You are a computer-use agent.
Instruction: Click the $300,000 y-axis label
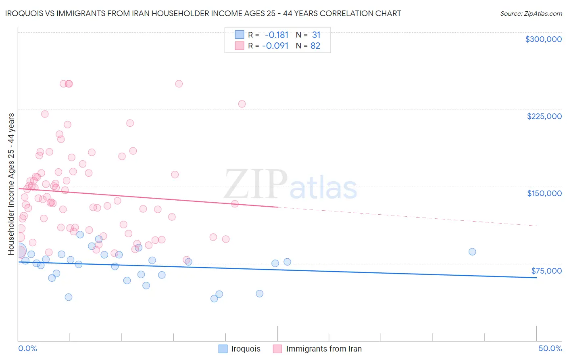pyautogui.click(x=543, y=39)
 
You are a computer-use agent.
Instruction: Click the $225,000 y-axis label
pyautogui.click(x=544, y=116)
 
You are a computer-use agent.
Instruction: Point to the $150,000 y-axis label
pyautogui.click(x=544, y=193)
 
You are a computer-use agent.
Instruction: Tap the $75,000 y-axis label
pyautogui.click(x=546, y=271)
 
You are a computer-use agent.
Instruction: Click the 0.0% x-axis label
pyautogui.click(x=27, y=348)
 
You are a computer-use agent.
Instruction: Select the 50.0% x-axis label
pyautogui.click(x=550, y=348)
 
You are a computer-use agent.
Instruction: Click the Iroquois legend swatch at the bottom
pyautogui.click(x=223, y=349)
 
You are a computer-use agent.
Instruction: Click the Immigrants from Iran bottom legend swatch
pyautogui.click(x=277, y=349)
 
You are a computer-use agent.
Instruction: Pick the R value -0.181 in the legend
pyautogui.click(x=277, y=35)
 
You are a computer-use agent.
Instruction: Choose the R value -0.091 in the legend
pyautogui.click(x=275, y=46)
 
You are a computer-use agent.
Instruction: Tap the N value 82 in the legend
pyautogui.click(x=315, y=46)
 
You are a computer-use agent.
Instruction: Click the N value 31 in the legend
pyautogui.click(x=316, y=35)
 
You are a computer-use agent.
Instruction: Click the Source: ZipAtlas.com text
pyautogui.click(x=531, y=14)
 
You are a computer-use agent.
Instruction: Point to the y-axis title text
pyautogui.click(x=11, y=184)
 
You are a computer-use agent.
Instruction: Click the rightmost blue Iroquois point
pyautogui.click(x=472, y=252)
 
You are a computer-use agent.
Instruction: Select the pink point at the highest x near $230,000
pyautogui.click(x=242, y=104)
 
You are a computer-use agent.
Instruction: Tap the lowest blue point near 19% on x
pyautogui.click(x=214, y=299)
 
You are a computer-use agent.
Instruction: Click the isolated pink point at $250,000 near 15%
pyautogui.click(x=179, y=84)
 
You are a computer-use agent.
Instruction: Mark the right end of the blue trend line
pyautogui.click(x=536, y=278)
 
